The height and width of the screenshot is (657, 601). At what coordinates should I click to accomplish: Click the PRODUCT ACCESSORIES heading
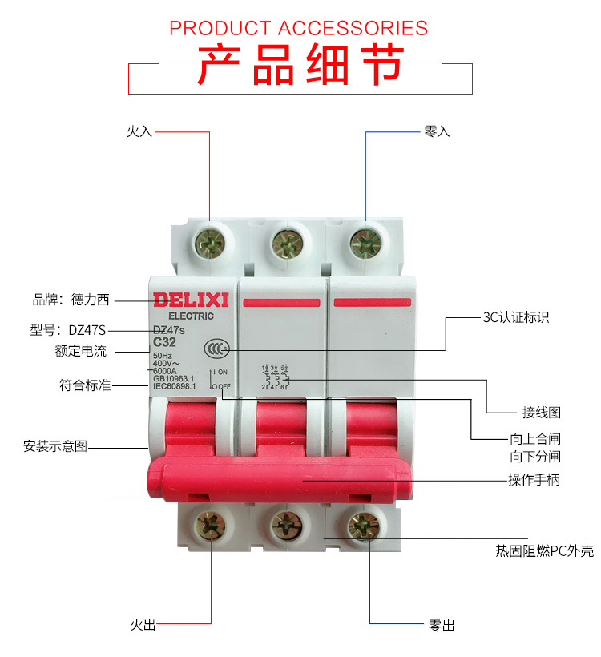(299, 28)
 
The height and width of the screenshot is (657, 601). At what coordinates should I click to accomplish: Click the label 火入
(139, 131)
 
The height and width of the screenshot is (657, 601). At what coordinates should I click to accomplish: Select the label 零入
(437, 131)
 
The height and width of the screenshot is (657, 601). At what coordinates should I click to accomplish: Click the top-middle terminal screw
(286, 242)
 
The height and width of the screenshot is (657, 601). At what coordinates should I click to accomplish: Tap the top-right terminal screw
(365, 242)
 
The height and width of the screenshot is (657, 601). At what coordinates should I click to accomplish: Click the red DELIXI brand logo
(192, 301)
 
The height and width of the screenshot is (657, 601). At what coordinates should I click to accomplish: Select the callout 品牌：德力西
(71, 300)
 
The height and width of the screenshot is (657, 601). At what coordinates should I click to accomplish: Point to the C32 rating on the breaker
(164, 342)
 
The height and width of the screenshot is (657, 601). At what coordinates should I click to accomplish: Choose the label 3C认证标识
(516, 317)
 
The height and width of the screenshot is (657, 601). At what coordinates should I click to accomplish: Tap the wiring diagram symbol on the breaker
(275, 377)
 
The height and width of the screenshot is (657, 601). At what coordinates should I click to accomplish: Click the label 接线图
(541, 413)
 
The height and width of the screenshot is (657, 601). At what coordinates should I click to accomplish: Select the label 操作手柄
(534, 481)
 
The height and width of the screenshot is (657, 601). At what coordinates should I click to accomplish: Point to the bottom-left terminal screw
(211, 526)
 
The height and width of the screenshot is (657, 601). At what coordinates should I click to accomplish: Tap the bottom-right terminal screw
(365, 526)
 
